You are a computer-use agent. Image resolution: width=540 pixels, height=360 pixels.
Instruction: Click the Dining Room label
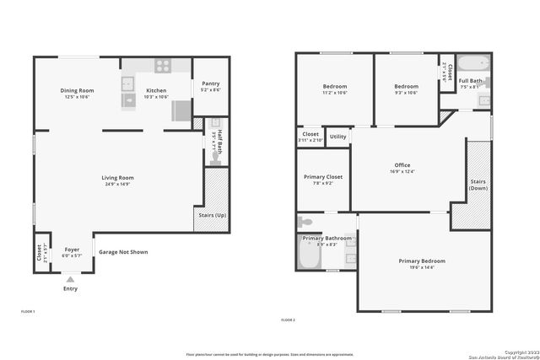pyautogui.click(x=76, y=90)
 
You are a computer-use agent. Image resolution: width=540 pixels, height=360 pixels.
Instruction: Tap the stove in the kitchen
pyautogui.click(x=162, y=66)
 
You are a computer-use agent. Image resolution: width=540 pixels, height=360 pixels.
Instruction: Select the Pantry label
pyautogui.click(x=211, y=83)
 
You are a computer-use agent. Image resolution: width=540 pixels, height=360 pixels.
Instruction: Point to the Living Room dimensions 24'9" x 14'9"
pyautogui.click(x=118, y=185)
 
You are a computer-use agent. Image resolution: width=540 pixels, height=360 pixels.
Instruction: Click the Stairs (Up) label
pyautogui.click(x=211, y=216)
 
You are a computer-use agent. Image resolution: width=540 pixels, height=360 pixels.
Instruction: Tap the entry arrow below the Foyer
pyautogui.click(x=70, y=278)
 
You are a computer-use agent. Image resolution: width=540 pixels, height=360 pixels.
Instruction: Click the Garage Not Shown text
pyautogui.click(x=123, y=251)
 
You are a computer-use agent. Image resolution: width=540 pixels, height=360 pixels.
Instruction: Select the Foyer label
pyautogui.click(x=72, y=250)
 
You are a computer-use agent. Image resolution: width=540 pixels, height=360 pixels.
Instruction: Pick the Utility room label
pyautogui.click(x=337, y=137)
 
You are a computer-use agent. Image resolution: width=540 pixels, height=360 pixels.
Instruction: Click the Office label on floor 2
pyautogui.click(x=402, y=164)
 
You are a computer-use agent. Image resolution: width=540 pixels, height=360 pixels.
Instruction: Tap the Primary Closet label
pyautogui.click(x=323, y=176)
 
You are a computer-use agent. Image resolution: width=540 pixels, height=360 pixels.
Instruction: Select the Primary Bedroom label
pyautogui.click(x=422, y=261)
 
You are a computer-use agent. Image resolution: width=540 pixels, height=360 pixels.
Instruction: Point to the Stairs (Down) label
pyautogui.click(x=478, y=184)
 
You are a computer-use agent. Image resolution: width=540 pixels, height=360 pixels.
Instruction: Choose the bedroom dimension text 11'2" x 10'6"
pyautogui.click(x=335, y=93)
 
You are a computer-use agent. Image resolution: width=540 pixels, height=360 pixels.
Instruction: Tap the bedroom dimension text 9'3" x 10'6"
pyautogui.click(x=406, y=93)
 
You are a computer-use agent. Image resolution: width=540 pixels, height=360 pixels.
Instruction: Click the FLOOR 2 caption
pyautogui.click(x=289, y=320)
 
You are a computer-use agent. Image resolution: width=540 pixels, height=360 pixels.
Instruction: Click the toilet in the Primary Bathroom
pyautogui.click(x=305, y=222)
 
